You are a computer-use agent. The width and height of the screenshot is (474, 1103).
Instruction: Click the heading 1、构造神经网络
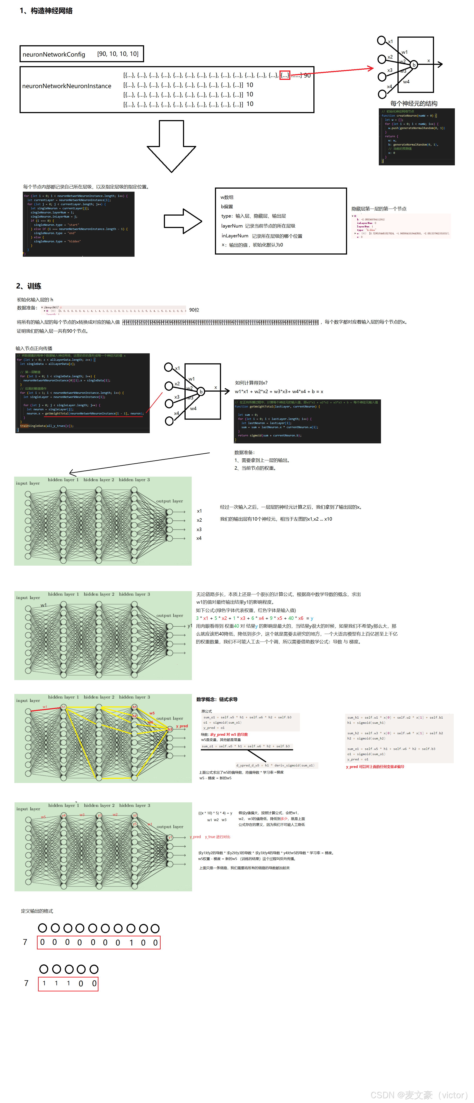tap(46, 11)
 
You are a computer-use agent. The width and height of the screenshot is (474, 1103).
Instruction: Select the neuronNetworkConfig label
tap(54, 54)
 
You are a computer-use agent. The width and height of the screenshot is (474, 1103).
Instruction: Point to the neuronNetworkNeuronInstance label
tap(67, 86)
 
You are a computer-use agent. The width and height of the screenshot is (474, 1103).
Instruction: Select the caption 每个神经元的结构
tap(414, 104)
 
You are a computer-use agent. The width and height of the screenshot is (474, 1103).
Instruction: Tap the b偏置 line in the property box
tap(227, 206)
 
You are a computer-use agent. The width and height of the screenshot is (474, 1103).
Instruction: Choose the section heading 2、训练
tap(29, 286)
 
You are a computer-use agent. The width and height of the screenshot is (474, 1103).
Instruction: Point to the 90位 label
tap(194, 310)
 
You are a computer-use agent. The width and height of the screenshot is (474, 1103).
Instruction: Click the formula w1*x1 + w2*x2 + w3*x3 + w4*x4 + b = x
tap(279, 391)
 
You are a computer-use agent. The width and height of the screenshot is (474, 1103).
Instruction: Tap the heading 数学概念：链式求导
tap(217, 699)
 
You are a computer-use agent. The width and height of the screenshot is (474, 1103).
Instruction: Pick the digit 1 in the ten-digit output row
tap(131, 942)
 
